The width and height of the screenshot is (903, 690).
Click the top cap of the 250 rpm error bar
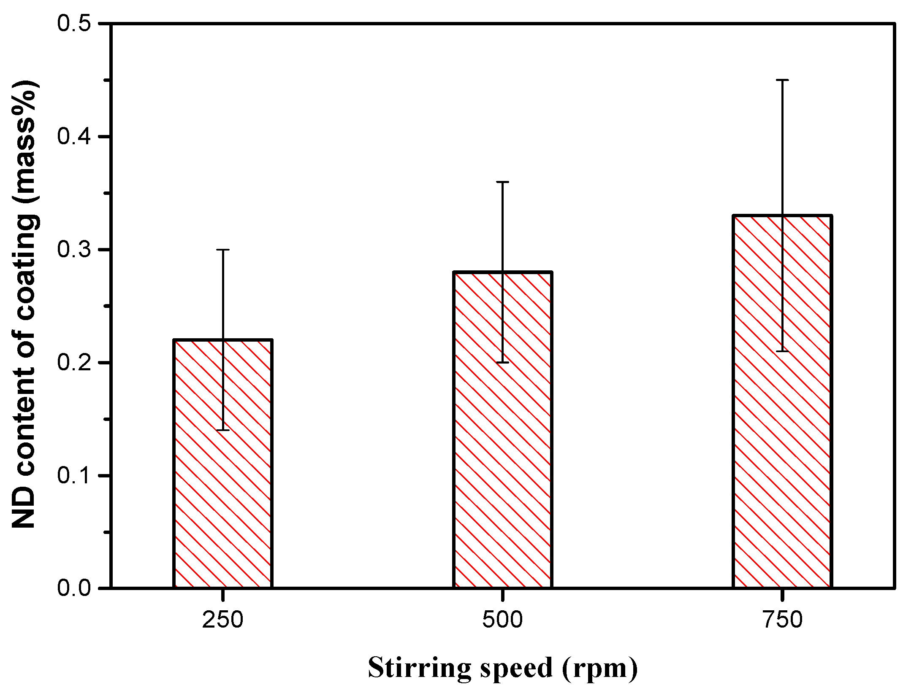(x=222, y=250)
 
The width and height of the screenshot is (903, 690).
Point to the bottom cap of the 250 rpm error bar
(x=222, y=430)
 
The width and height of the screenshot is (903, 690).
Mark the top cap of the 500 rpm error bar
(x=502, y=182)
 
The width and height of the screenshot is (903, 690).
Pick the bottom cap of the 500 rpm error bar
(x=502, y=362)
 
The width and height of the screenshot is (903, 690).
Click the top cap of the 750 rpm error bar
(x=782, y=80)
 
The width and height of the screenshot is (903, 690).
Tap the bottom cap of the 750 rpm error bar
(x=782, y=351)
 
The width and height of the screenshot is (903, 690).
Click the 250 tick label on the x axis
(x=222, y=620)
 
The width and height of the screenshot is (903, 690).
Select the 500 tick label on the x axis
(x=502, y=620)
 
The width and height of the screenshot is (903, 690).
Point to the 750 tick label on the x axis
(x=782, y=620)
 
